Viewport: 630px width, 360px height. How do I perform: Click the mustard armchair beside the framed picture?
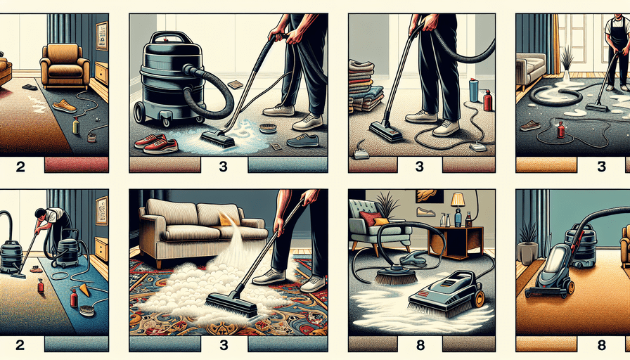pos(65,66)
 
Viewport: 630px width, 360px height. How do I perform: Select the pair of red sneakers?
pos(156,143)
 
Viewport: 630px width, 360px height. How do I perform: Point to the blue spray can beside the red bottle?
pos(474,90)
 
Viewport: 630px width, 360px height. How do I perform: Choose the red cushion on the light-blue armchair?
pos(371,219)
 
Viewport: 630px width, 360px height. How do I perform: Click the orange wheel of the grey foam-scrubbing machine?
pos(479,300)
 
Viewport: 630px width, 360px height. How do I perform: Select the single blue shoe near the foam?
pos(303,140)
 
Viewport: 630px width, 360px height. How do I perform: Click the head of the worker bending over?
pos(41,213)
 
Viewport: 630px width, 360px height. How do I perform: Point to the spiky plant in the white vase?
pos(567,64)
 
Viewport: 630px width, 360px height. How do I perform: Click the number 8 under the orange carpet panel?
pos(601,345)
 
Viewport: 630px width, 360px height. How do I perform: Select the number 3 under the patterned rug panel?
pos(224,345)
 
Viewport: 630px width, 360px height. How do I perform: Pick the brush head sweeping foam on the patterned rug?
pos(232,305)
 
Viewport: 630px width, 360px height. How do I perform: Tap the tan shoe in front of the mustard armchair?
pos(65,106)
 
